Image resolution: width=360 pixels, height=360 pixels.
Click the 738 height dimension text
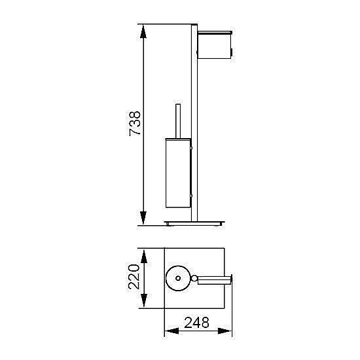click(135, 124)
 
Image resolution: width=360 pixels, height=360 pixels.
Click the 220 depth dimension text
click(134, 277)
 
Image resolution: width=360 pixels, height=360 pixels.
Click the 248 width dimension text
click(196, 323)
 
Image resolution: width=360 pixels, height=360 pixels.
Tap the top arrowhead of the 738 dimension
click(143, 31)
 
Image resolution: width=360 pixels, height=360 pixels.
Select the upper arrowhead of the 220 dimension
click(144, 257)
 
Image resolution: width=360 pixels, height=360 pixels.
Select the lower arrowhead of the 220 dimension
click(144, 300)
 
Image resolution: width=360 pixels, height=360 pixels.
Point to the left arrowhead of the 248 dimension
click(172, 331)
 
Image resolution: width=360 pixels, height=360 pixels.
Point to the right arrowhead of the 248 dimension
click(225, 331)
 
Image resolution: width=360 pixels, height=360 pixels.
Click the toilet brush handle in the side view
click(178, 121)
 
